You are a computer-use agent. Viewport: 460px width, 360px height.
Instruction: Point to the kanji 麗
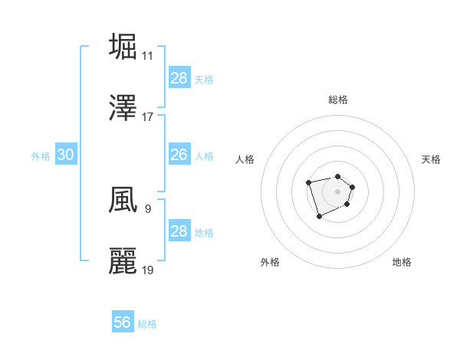point(123,260)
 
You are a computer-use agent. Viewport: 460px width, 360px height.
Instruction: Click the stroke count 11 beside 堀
point(147,55)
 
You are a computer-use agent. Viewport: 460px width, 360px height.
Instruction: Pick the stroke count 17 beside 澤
point(147,117)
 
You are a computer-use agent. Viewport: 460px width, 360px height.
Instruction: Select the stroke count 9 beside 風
point(147,208)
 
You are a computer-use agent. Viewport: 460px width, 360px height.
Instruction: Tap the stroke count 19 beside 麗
point(147,270)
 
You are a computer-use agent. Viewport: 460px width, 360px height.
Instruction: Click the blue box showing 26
point(179,155)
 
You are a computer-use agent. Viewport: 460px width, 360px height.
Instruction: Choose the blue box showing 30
point(65,155)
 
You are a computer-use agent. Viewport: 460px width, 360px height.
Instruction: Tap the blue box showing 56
point(122,322)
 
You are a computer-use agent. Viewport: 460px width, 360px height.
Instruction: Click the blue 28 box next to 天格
point(179,78)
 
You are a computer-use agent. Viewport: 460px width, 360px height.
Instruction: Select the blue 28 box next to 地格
point(179,231)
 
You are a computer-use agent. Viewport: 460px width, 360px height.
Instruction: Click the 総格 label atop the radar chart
point(337,100)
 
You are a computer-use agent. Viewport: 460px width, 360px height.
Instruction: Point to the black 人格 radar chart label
point(245,159)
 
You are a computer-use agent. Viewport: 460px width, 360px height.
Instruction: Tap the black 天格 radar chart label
point(431,159)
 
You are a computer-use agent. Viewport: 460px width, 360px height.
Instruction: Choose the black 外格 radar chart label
point(270,262)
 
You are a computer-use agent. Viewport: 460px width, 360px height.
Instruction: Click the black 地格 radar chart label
point(402,262)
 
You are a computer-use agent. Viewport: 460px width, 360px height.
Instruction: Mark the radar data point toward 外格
point(319,217)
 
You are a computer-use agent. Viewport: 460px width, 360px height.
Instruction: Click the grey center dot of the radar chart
point(337,191)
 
